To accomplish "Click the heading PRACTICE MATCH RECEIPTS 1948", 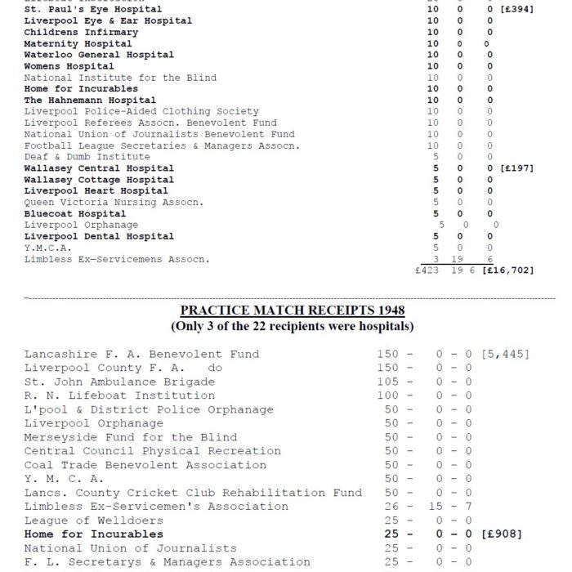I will coord(293,311).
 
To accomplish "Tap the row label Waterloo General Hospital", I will coord(99,55).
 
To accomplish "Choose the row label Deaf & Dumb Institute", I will coord(87,156).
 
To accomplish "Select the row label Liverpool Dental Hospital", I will coord(99,236).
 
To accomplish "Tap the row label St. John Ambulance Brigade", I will coord(119,382).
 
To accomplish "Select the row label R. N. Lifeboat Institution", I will coord(119,395).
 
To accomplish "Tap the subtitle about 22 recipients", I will coord(293,326).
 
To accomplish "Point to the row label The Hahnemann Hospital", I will coord(90,101).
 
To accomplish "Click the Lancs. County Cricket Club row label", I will coord(193,493).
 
